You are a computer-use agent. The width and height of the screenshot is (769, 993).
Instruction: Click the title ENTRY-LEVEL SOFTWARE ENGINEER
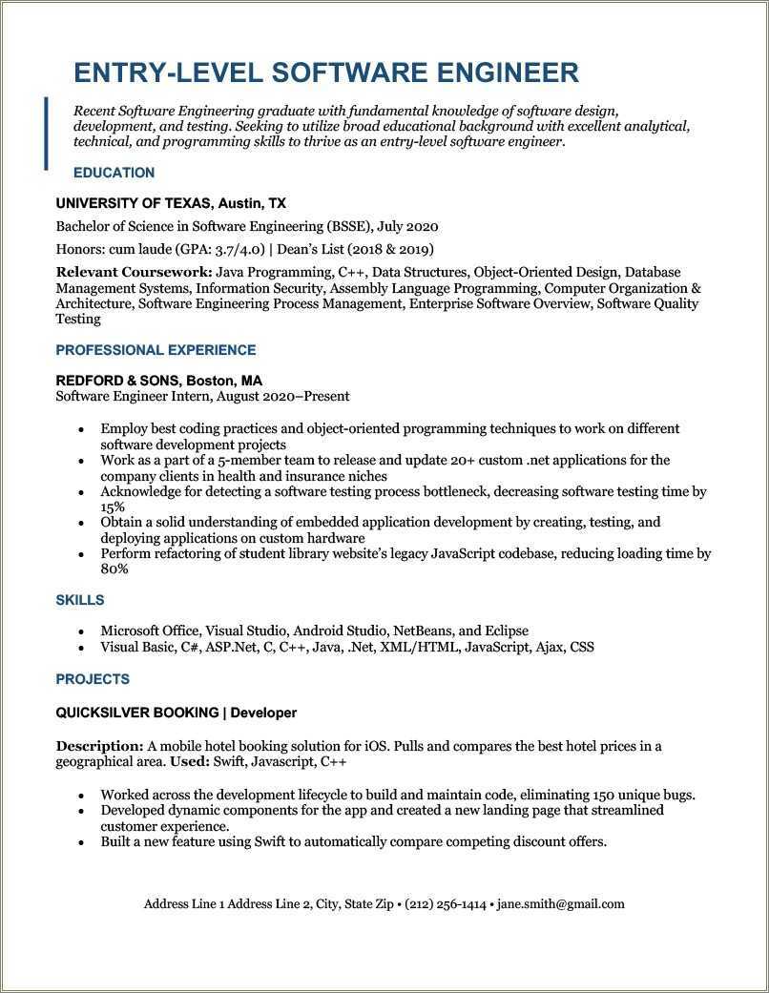(x=325, y=73)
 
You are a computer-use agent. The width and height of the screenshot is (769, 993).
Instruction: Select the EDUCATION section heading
(x=114, y=173)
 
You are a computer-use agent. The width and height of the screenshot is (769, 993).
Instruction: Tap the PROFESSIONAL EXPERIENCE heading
(x=156, y=350)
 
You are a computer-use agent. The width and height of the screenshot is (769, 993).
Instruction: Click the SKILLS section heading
(x=80, y=600)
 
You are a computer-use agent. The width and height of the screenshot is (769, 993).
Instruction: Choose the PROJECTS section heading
(x=93, y=679)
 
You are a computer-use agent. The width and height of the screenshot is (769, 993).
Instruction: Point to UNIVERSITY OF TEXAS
(x=133, y=203)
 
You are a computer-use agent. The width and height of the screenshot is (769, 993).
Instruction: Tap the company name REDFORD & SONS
(x=118, y=380)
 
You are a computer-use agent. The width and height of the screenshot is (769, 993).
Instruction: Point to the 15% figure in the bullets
(x=114, y=507)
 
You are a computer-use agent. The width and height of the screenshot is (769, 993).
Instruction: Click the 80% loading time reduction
(x=114, y=569)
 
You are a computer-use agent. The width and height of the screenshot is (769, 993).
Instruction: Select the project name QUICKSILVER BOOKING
(x=137, y=713)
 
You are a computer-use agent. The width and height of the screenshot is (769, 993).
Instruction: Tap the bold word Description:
(x=99, y=746)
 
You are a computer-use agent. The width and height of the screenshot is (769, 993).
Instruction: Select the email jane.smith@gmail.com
(x=561, y=903)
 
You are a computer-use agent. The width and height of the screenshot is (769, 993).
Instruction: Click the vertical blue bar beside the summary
(x=46, y=133)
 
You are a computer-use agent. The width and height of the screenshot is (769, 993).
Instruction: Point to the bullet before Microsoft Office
(x=80, y=631)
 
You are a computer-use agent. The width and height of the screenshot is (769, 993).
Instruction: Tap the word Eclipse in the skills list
(x=507, y=631)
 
